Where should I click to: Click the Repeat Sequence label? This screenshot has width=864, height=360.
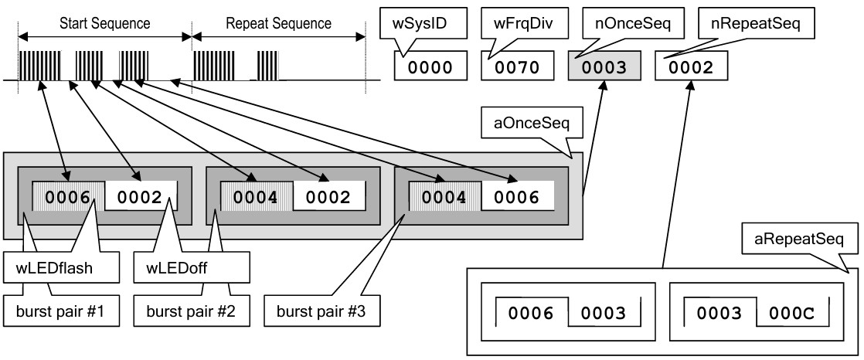pyautogui.click(x=278, y=23)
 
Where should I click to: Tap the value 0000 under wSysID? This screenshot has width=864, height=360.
pyautogui.click(x=430, y=68)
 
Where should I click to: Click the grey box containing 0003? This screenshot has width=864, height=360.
pyautogui.click(x=604, y=68)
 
